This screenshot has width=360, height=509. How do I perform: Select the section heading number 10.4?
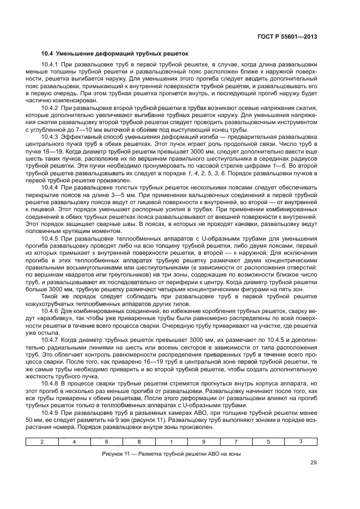click(48, 54)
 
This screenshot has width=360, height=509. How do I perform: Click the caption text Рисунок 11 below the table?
click(118, 453)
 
